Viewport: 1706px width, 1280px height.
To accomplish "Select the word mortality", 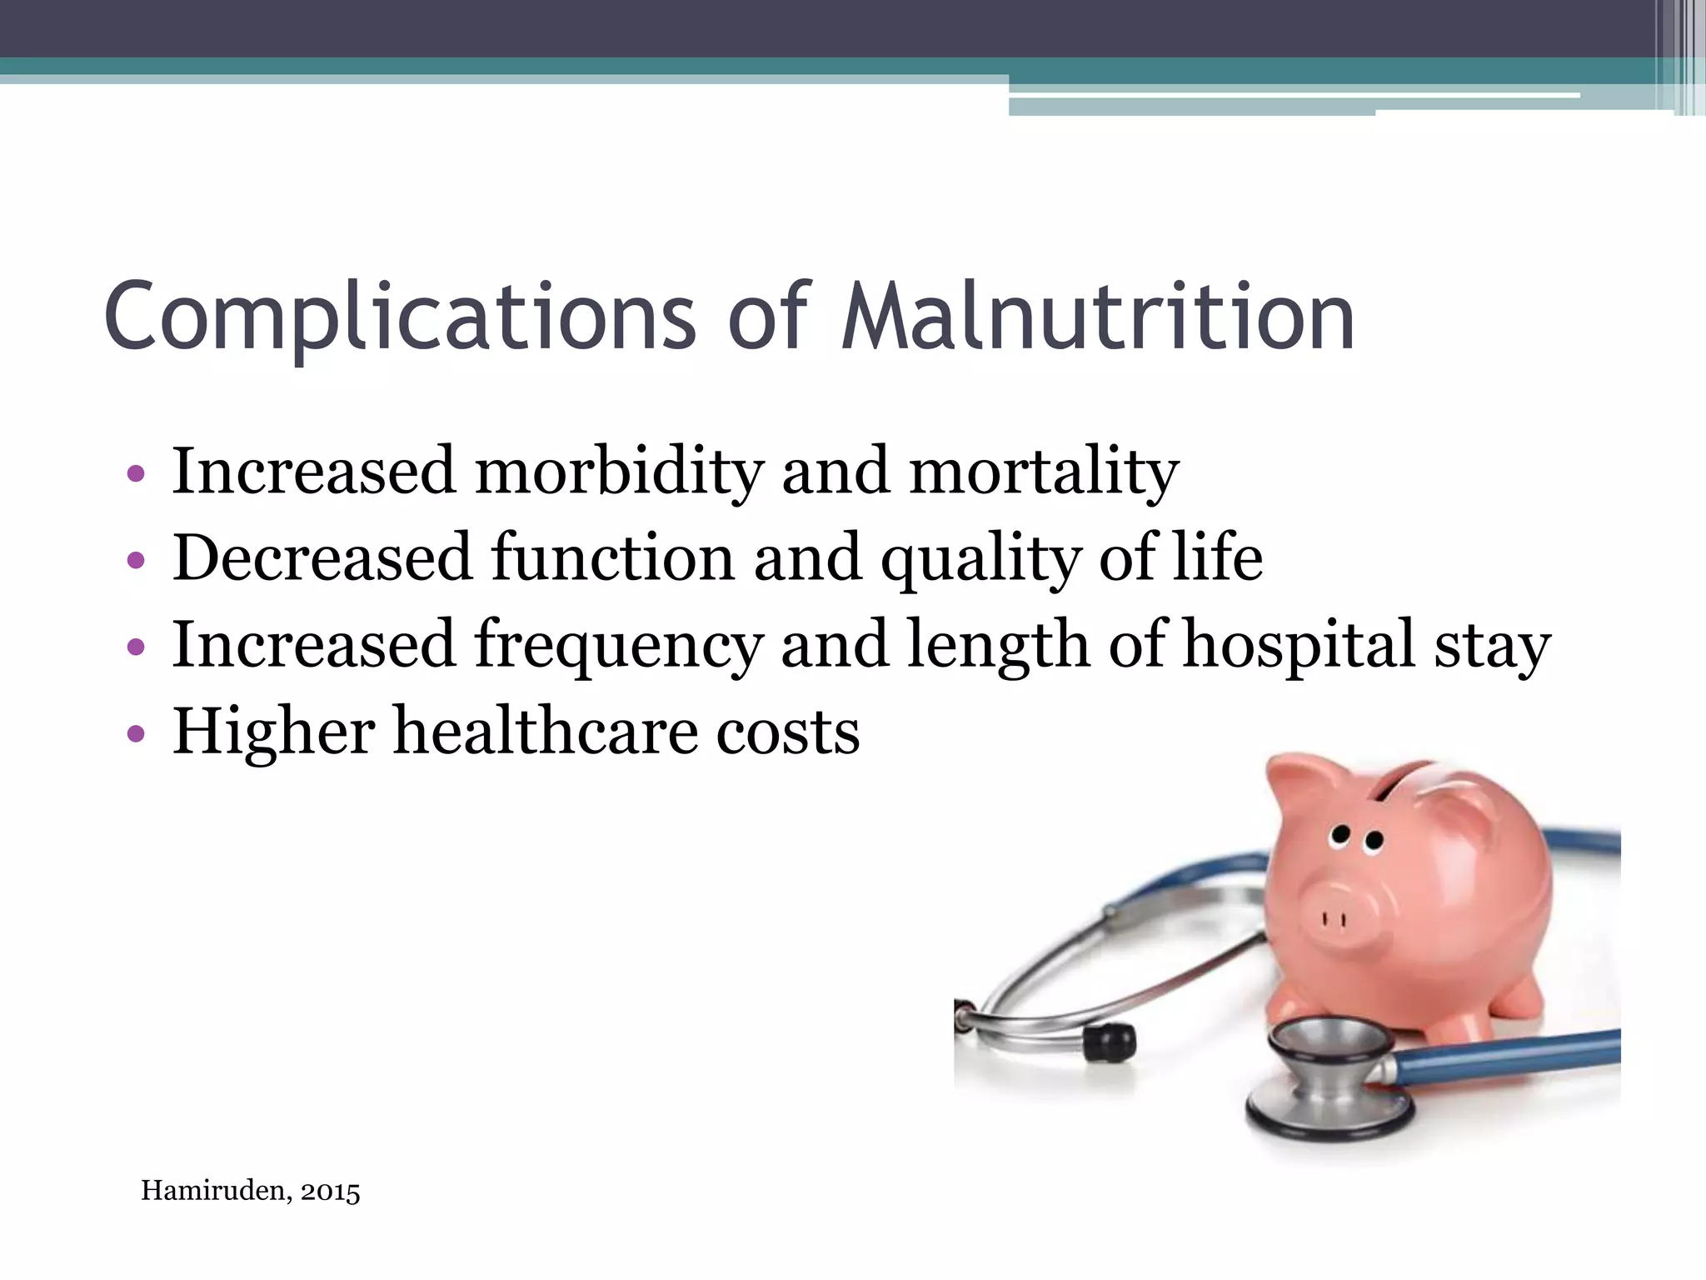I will [x=1044, y=472].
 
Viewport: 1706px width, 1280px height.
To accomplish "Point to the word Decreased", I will [x=322, y=558].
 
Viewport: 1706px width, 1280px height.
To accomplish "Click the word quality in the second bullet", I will [x=980, y=558].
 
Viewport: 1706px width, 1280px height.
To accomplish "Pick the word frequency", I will [x=618, y=646].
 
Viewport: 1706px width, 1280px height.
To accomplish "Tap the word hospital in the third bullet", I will [x=1298, y=646].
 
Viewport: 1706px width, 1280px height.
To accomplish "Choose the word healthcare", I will [x=545, y=732].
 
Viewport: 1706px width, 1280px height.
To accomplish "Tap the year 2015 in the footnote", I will [x=331, y=1192].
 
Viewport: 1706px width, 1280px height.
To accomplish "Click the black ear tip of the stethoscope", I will [x=1112, y=1041].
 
